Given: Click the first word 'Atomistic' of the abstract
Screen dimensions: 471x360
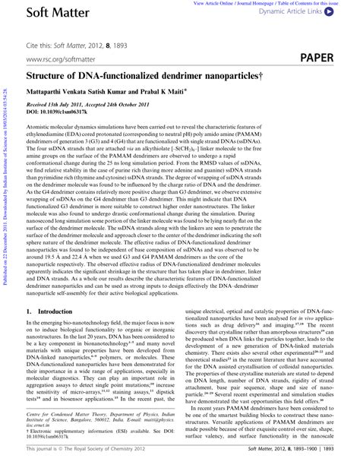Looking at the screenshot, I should click(x=41, y=128).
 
